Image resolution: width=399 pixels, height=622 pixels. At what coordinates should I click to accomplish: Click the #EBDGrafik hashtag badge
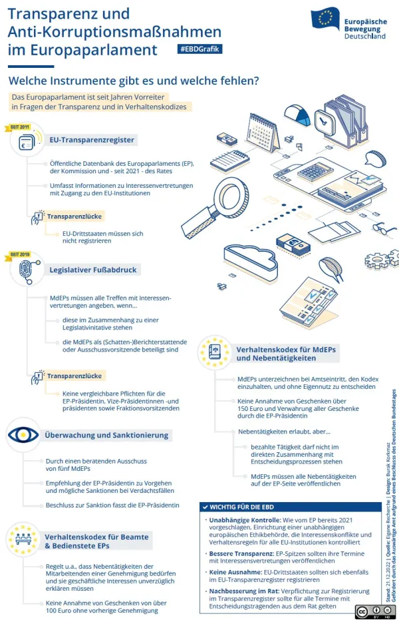click(199, 49)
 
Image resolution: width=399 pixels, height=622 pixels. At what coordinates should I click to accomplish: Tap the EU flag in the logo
click(325, 18)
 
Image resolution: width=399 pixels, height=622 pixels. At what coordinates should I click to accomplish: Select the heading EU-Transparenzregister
click(92, 140)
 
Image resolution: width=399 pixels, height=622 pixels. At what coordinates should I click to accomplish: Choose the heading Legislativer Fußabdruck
click(92, 270)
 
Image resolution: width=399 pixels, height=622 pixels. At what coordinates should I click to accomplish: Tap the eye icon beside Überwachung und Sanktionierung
click(23, 435)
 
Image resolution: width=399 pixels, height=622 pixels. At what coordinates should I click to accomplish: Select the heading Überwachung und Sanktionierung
click(106, 435)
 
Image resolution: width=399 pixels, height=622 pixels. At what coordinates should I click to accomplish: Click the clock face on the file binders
click(324, 120)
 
